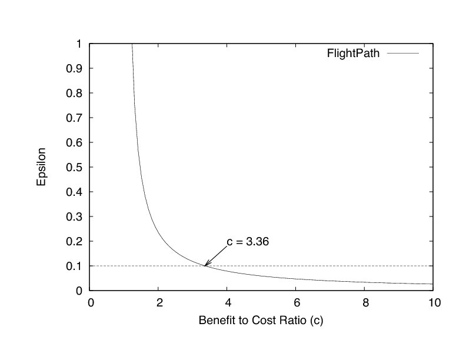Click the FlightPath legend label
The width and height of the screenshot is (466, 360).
tap(353, 54)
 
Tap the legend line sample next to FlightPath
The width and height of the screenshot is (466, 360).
tap(403, 54)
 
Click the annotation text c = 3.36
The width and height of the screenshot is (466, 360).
tap(248, 241)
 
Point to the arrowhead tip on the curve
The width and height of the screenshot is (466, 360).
tap(205, 266)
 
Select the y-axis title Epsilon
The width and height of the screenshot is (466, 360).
tap(41, 167)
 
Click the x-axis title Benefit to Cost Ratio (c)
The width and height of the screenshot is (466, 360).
tap(261, 322)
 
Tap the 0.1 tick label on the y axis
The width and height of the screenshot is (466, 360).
tap(74, 266)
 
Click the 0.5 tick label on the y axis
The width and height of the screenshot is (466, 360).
tap(74, 167)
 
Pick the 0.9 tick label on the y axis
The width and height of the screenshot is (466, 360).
tap(74, 68)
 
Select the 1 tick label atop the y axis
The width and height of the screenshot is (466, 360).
tap(78, 44)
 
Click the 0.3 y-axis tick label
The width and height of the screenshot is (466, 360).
tap(74, 216)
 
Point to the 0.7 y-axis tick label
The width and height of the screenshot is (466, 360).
tap(74, 118)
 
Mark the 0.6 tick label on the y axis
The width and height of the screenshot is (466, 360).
tap(74, 142)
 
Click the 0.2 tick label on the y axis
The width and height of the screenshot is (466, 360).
tap(74, 241)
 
